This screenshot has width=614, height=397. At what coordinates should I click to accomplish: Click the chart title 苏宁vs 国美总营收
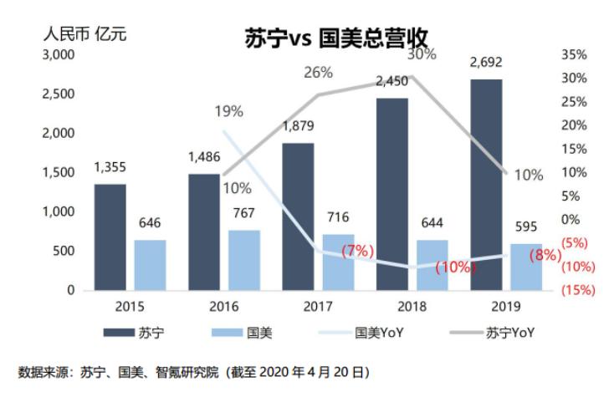[335, 39]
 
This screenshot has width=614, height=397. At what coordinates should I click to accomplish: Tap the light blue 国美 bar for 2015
[150, 264]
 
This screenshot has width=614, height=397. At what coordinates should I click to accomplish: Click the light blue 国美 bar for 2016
[244, 259]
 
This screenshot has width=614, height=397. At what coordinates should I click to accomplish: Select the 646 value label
[150, 223]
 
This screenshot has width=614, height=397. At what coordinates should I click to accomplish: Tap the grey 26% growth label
[319, 73]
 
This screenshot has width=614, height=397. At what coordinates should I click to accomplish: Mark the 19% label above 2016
[228, 111]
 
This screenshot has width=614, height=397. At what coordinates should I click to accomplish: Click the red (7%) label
[358, 250]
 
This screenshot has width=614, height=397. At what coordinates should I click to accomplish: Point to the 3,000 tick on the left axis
[59, 54]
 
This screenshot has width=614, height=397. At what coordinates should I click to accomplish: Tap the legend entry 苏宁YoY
[509, 333]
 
